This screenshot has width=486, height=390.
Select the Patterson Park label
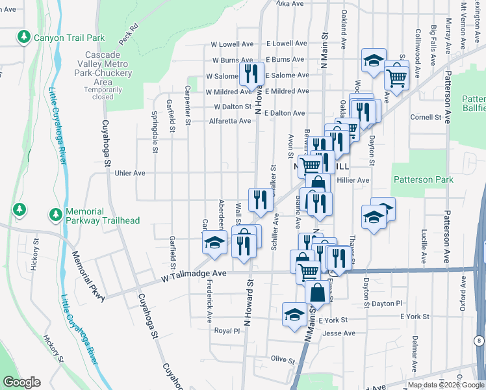(422, 179)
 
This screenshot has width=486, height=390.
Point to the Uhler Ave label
(131, 174)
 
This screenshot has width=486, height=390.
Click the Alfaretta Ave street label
(229, 121)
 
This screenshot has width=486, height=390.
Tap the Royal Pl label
(227, 330)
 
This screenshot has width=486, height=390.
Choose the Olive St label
(283, 359)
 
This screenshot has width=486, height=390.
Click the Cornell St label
(426, 118)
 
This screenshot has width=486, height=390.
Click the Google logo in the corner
(21, 382)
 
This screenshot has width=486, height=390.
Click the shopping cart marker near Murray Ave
(396, 77)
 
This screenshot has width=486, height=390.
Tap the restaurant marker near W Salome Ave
(251, 73)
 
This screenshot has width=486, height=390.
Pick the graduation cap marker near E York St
(294, 314)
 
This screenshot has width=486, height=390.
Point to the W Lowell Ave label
(230, 44)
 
